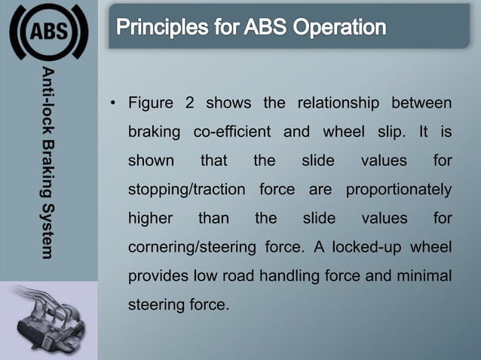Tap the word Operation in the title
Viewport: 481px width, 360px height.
click(339, 28)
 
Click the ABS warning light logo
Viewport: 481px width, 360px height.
click(49, 32)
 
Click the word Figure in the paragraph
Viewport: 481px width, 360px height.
click(151, 102)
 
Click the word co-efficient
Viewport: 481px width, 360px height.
click(231, 132)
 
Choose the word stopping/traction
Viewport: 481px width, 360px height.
click(186, 189)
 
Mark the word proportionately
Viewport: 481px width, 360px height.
click(398, 189)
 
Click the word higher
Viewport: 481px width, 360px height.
click(150, 218)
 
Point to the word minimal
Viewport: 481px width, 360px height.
click(425, 276)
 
